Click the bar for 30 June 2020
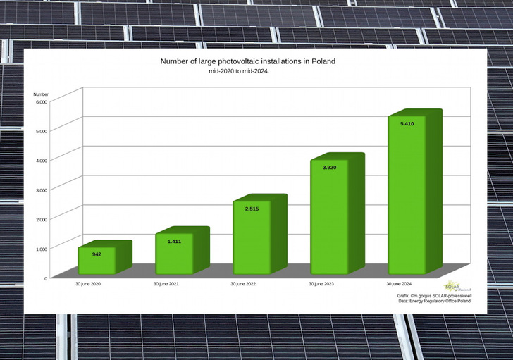pos(97,261)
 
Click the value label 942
pos(97,254)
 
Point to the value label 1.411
pos(174,242)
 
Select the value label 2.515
pos(252,209)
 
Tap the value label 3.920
pos(329,167)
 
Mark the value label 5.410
pos(407,124)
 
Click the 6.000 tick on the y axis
pos(42,101)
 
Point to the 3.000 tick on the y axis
pos(42,190)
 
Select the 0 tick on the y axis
pos(45,278)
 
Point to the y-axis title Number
pos(41,94)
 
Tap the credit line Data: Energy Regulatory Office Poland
pos(433,301)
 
